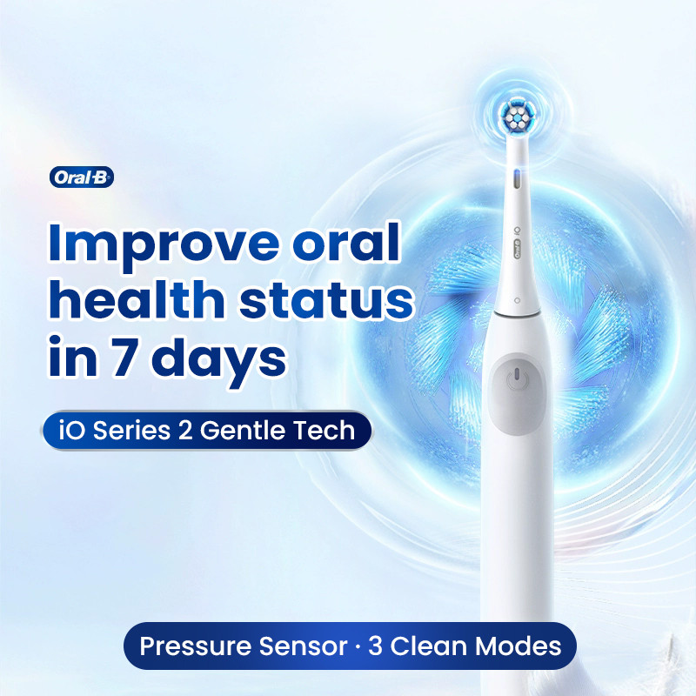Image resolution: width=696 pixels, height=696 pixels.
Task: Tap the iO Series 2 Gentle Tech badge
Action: pos(207,431)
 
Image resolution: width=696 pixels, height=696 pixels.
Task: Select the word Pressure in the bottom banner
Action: pos(193,646)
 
